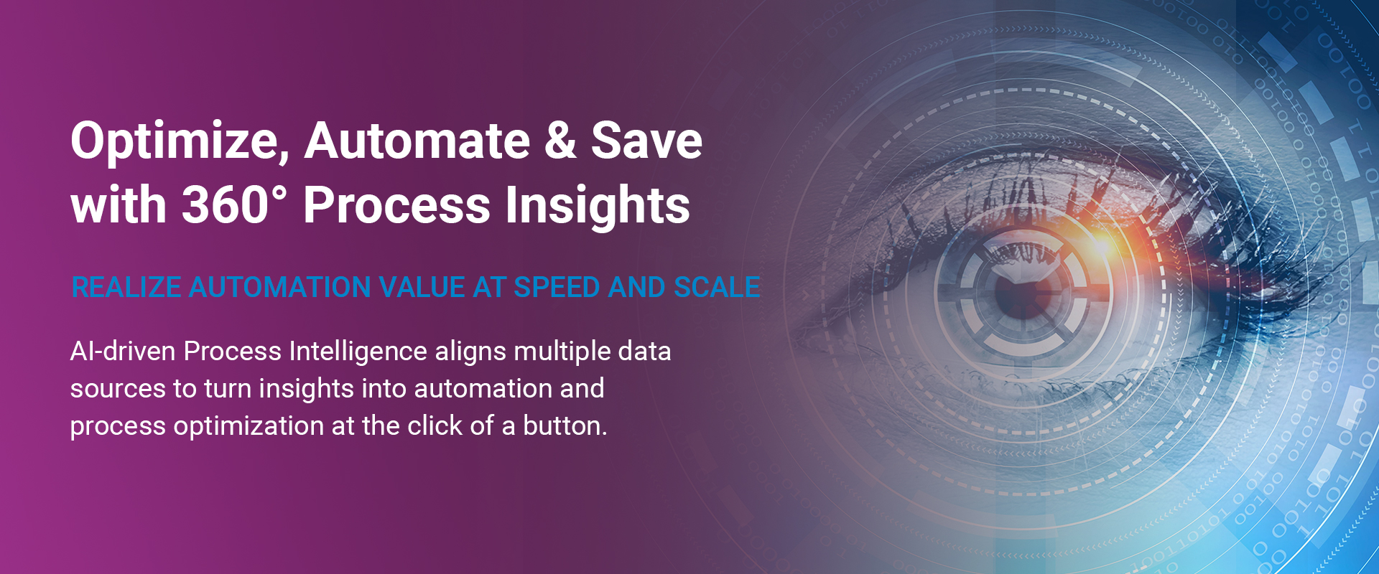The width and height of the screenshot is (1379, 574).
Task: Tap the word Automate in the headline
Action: pos(417,140)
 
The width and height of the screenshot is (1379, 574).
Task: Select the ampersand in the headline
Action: pos(560,140)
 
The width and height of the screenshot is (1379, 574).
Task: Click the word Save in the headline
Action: pos(647,140)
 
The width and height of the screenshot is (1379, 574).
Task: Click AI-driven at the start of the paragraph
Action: pos(123,352)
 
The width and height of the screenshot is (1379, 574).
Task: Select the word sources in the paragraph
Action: pos(118,390)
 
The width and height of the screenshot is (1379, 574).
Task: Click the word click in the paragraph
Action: pos(435,426)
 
